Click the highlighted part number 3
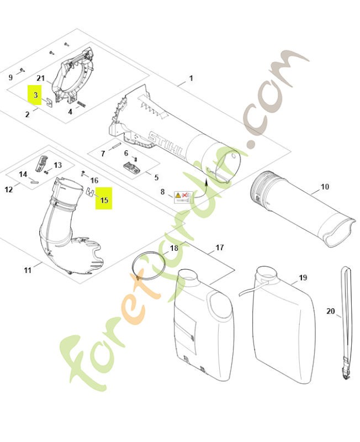point(35,96)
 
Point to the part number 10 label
point(325,187)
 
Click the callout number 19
point(303,277)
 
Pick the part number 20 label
point(331,312)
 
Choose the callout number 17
point(219,248)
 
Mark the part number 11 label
point(28,270)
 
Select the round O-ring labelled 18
point(149,268)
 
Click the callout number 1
point(191,78)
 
